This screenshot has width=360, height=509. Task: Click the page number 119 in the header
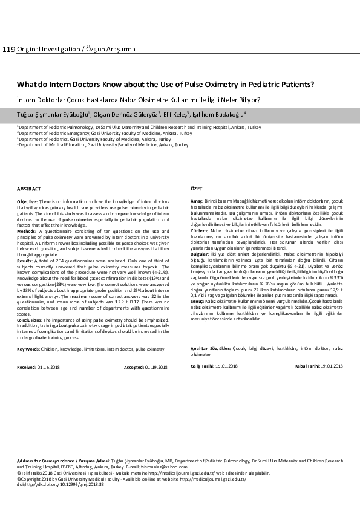(x=8, y=49)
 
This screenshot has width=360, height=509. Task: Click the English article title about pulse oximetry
(x=165, y=85)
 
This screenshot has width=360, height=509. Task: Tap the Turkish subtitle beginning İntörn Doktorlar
(x=139, y=100)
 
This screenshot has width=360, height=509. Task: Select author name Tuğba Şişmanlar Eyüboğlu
(x=53, y=114)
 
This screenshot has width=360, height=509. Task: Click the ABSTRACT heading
(x=28, y=189)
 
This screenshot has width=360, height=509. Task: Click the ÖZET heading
(x=197, y=189)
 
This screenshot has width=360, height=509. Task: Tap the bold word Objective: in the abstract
(x=27, y=201)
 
